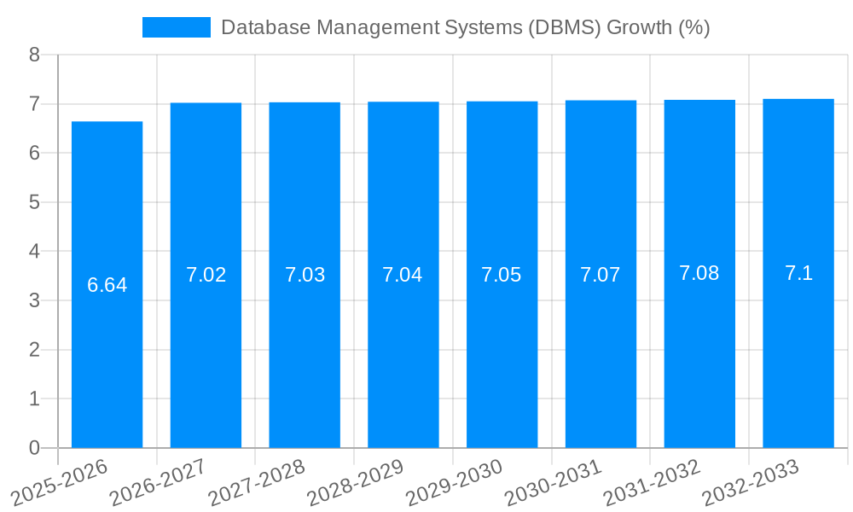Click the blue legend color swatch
(x=176, y=27)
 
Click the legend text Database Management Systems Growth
(x=465, y=27)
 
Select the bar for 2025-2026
(x=107, y=358)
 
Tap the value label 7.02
(x=206, y=275)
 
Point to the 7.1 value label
(x=798, y=273)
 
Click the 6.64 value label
(x=107, y=285)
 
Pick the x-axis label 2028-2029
(x=355, y=482)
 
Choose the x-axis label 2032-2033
(x=750, y=482)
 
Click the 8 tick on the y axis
(x=34, y=55)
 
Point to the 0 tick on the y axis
(x=34, y=448)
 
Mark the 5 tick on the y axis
(x=34, y=202)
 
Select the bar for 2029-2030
(x=502, y=358)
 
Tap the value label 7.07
(x=601, y=275)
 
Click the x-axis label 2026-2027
(x=158, y=482)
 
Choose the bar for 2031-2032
(x=699, y=358)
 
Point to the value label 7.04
(x=403, y=275)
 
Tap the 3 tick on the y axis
(x=34, y=300)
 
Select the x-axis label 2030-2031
(x=553, y=482)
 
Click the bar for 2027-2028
(x=305, y=358)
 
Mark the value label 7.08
(x=699, y=273)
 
